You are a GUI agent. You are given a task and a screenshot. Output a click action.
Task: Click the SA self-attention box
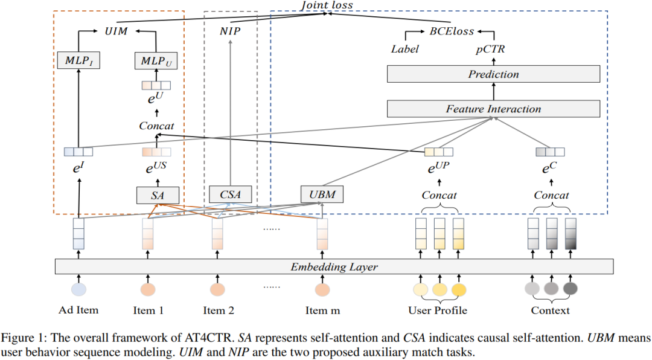(157, 194)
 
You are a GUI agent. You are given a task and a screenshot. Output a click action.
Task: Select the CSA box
(229, 194)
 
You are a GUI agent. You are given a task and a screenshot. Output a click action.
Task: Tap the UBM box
(322, 194)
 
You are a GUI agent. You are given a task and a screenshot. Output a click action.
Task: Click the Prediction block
(493, 74)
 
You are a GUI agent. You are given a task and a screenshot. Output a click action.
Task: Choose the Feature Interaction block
(493, 109)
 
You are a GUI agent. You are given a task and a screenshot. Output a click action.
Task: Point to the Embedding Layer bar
(334, 266)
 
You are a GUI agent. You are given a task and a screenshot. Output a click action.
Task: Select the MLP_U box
(156, 60)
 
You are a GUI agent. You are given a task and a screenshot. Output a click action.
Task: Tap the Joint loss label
(327, 5)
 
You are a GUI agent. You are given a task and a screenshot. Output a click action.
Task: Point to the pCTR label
(490, 49)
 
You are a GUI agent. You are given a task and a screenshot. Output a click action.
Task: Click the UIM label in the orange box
(117, 30)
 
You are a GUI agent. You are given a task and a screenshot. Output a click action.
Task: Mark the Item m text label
(322, 310)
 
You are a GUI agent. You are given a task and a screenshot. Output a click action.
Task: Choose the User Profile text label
(438, 310)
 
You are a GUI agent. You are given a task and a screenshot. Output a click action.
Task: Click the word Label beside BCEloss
(405, 49)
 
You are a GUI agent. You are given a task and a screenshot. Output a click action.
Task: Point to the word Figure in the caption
(19, 336)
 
